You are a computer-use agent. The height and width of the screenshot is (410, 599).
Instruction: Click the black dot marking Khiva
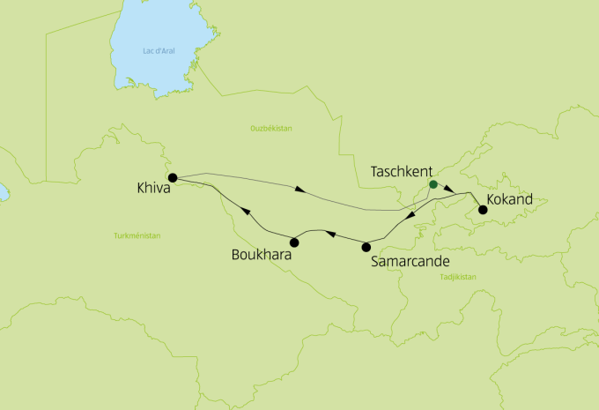[x=173, y=177]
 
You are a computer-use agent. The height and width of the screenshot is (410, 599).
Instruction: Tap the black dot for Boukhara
[x=294, y=242]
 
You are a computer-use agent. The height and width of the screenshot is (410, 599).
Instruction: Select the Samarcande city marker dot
[x=366, y=247]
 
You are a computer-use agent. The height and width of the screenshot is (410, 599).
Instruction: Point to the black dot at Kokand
[x=482, y=210]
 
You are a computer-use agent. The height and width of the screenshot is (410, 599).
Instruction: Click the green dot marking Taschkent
[x=433, y=185]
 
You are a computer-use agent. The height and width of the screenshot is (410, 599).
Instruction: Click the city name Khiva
[x=153, y=188]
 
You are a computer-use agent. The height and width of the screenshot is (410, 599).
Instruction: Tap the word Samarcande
[x=411, y=262]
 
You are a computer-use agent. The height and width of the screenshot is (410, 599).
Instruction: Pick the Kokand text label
[x=510, y=200]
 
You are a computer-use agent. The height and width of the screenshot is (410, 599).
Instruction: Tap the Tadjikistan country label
[x=457, y=277]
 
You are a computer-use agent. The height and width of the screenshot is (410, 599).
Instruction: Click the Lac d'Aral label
[x=159, y=51]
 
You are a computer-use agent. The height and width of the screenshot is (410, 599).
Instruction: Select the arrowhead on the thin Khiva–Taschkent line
[x=299, y=188]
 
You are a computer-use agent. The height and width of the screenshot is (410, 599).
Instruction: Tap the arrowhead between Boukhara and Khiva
[x=246, y=212]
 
